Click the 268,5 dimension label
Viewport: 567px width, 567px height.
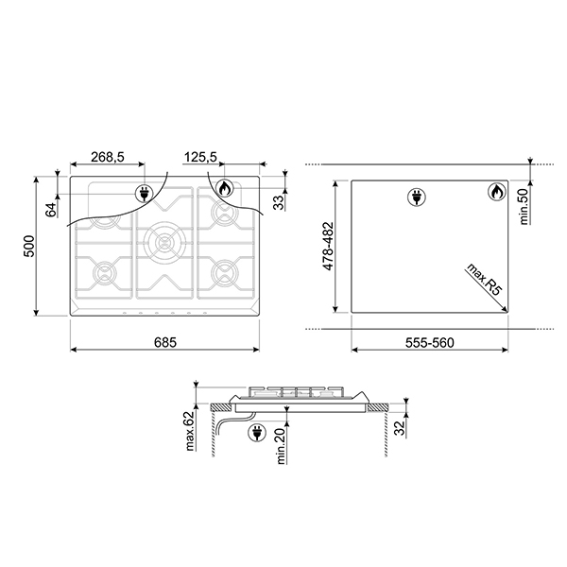click(x=109, y=158)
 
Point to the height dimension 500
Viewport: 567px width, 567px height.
click(x=28, y=248)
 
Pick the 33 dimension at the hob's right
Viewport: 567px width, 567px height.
click(x=279, y=201)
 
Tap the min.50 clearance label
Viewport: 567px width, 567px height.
click(x=523, y=202)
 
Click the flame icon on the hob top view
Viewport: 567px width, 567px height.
click(x=223, y=188)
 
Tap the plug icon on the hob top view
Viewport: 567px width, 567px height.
click(x=146, y=193)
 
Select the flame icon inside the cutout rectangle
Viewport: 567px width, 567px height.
click(x=494, y=193)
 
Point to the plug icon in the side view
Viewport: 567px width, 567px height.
click(x=255, y=434)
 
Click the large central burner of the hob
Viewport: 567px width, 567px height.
click(x=164, y=243)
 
